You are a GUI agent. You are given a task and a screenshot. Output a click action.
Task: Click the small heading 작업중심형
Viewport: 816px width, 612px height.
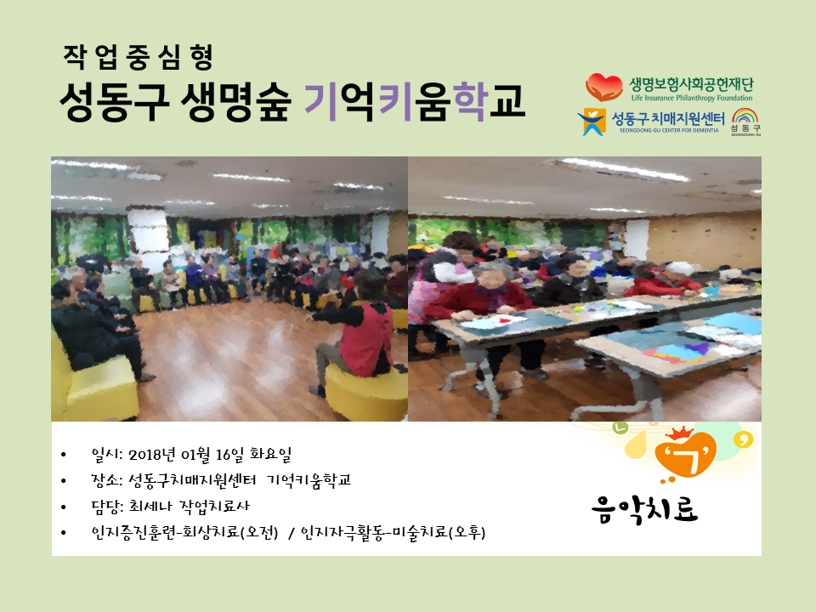pyautogui.click(x=138, y=57)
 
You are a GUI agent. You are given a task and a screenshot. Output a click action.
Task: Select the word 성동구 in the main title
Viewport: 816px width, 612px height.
pyautogui.click(x=114, y=101)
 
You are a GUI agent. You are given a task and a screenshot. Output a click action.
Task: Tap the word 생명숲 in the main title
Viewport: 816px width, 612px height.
pyautogui.click(x=235, y=101)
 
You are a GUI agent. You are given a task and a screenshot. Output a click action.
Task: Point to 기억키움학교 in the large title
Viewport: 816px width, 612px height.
pyautogui.click(x=414, y=101)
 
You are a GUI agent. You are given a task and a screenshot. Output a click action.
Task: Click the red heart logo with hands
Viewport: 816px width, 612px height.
pyautogui.click(x=603, y=87)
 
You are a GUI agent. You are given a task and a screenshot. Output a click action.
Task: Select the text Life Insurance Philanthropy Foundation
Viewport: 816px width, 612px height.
pyautogui.click(x=692, y=98)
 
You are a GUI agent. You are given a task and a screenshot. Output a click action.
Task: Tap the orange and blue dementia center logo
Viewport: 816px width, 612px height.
pyautogui.click(x=592, y=122)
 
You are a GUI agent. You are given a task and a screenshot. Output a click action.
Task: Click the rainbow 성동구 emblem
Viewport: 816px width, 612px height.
pyautogui.click(x=745, y=122)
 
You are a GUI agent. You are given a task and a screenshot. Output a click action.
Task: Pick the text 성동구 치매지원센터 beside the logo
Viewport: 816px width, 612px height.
pyautogui.click(x=668, y=119)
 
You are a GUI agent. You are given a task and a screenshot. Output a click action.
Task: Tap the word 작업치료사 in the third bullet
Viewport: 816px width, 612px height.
pyautogui.click(x=214, y=506)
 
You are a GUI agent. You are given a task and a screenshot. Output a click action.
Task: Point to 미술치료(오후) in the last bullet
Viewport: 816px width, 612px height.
pyautogui.click(x=439, y=532)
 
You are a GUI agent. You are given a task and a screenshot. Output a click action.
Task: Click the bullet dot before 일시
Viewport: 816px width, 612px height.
pyautogui.click(x=64, y=456)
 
